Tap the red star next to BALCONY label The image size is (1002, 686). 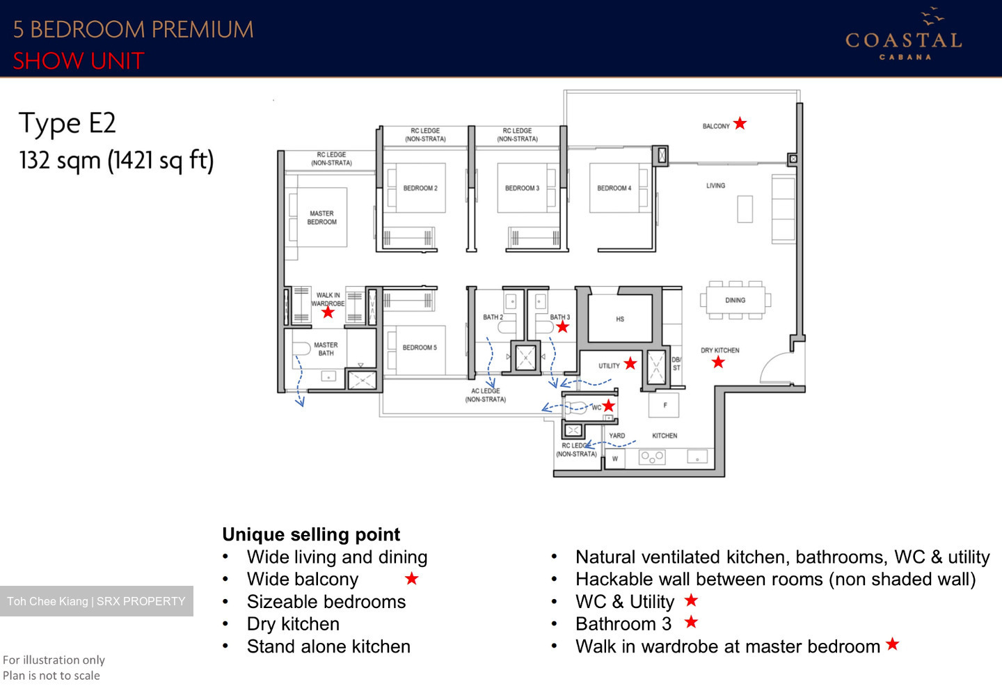(740, 124)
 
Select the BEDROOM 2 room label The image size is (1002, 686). (420, 189)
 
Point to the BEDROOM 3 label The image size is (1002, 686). (522, 189)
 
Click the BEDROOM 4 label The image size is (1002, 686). (614, 189)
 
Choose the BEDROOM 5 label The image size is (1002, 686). (420, 348)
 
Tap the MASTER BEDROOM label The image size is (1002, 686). (321, 218)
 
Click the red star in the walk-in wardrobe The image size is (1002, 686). (328, 313)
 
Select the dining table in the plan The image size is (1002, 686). (735, 301)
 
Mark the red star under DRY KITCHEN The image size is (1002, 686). (718, 362)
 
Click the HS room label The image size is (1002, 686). (620, 319)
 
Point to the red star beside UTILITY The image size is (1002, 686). (630, 363)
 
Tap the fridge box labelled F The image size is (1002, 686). (665, 405)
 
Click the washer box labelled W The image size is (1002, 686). (614, 459)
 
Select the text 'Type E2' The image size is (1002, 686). (67, 124)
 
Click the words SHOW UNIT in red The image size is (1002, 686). (78, 61)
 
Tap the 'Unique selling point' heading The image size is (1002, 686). (311, 534)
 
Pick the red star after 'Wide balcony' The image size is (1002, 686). (412, 579)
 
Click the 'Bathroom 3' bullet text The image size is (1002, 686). (623, 624)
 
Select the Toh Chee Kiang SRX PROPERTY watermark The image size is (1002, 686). (97, 601)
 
